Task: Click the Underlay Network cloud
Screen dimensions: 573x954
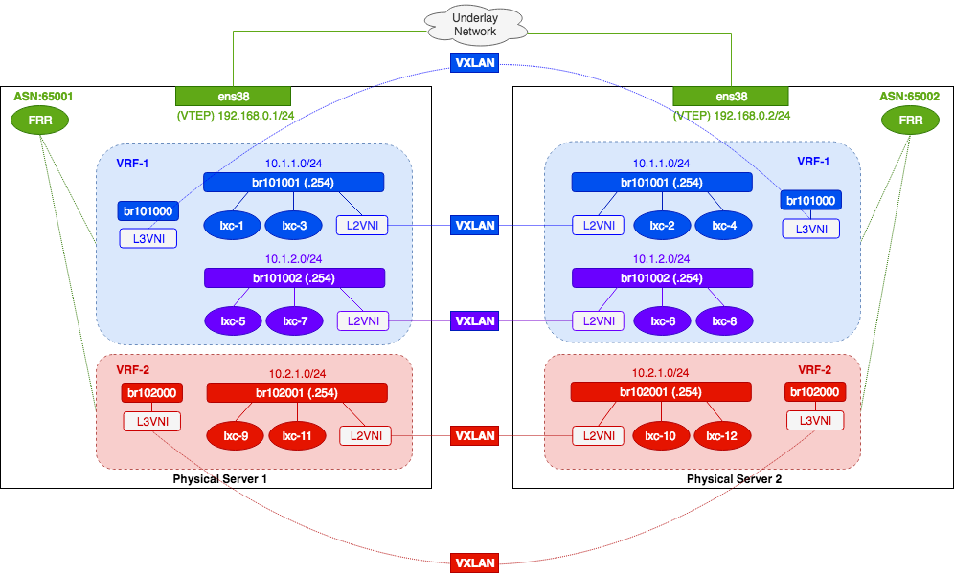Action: (x=476, y=25)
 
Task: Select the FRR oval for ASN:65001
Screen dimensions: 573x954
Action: (x=39, y=121)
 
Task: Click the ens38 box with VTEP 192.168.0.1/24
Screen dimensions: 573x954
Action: (x=233, y=96)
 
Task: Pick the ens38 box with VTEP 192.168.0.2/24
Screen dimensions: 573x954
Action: (x=731, y=96)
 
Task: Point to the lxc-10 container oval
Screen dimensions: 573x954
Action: (x=661, y=436)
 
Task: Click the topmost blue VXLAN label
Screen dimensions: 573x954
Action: (x=475, y=62)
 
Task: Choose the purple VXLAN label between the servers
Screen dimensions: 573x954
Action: (x=475, y=321)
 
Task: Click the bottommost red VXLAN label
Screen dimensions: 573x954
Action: (x=475, y=563)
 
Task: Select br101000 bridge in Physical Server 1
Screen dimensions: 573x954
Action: (x=148, y=211)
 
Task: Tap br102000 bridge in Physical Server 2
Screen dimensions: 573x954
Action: (x=815, y=392)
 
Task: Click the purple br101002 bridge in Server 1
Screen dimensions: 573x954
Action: (x=295, y=277)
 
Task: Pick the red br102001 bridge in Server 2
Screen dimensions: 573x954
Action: (x=661, y=392)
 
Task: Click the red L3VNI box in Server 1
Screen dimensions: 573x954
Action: (x=152, y=420)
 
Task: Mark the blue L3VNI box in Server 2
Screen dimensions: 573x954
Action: (x=810, y=229)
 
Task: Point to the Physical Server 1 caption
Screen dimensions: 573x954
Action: (x=219, y=478)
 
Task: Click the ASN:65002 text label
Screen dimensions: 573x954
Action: (x=909, y=97)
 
